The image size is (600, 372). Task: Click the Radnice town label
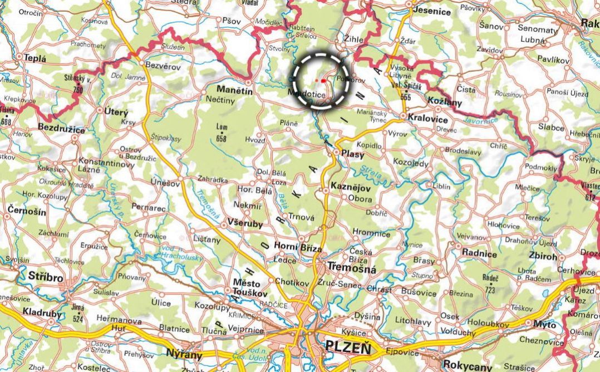pyautogui.click(x=479, y=253)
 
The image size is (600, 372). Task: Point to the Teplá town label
pyautogui.click(x=36, y=57)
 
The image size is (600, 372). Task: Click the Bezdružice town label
pyautogui.click(x=61, y=130)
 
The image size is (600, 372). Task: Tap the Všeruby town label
pyautogui.click(x=244, y=223)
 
